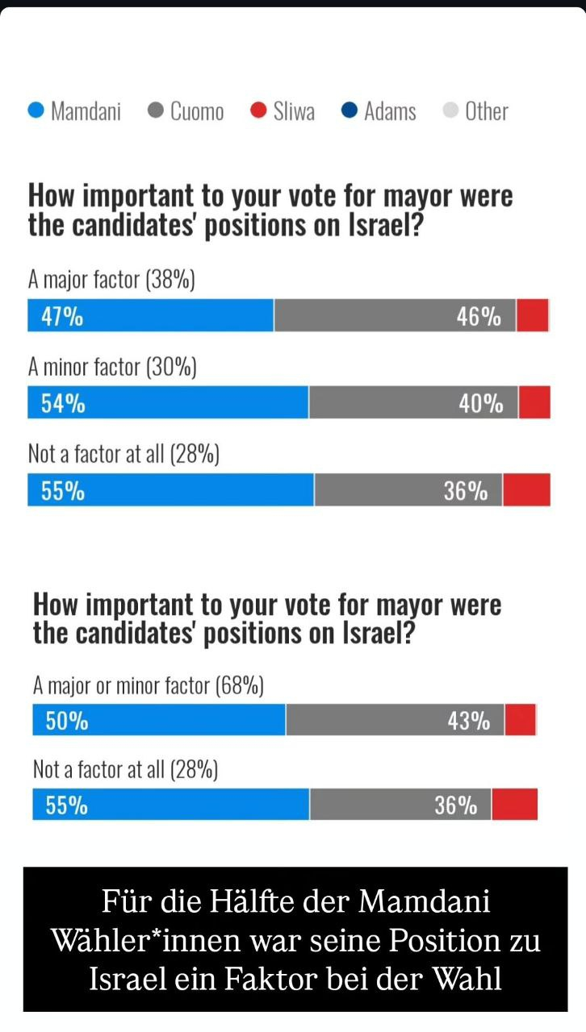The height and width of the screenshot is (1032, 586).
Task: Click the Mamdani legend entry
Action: pyautogui.click(x=74, y=111)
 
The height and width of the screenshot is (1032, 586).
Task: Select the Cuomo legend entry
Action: pyautogui.click(x=186, y=111)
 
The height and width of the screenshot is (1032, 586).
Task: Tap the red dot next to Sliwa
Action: pyautogui.click(x=258, y=110)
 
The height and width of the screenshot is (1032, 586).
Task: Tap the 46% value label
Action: pyautogui.click(x=479, y=317)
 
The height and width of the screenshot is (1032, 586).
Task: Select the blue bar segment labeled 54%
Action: pyautogui.click(x=168, y=403)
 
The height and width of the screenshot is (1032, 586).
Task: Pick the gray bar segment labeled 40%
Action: pyautogui.click(x=413, y=403)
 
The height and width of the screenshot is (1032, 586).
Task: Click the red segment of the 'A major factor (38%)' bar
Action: pyautogui.click(x=533, y=315)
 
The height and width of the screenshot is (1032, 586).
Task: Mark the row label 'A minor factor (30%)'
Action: pyautogui.click(x=112, y=368)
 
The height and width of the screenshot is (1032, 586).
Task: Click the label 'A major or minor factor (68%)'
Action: pyautogui.click(x=149, y=686)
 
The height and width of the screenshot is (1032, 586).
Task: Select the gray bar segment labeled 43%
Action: pyautogui.click(x=395, y=720)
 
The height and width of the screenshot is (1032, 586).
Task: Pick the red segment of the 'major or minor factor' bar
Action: pyautogui.click(x=521, y=720)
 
